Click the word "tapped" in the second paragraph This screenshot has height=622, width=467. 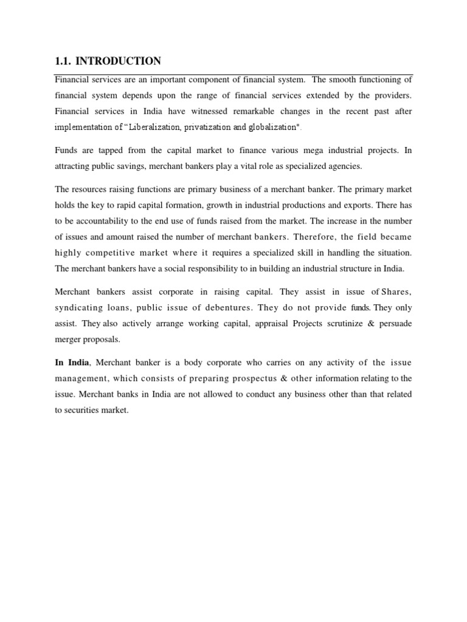pyautogui.click(x=108, y=149)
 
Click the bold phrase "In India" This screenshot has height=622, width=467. pyautogui.click(x=72, y=363)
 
